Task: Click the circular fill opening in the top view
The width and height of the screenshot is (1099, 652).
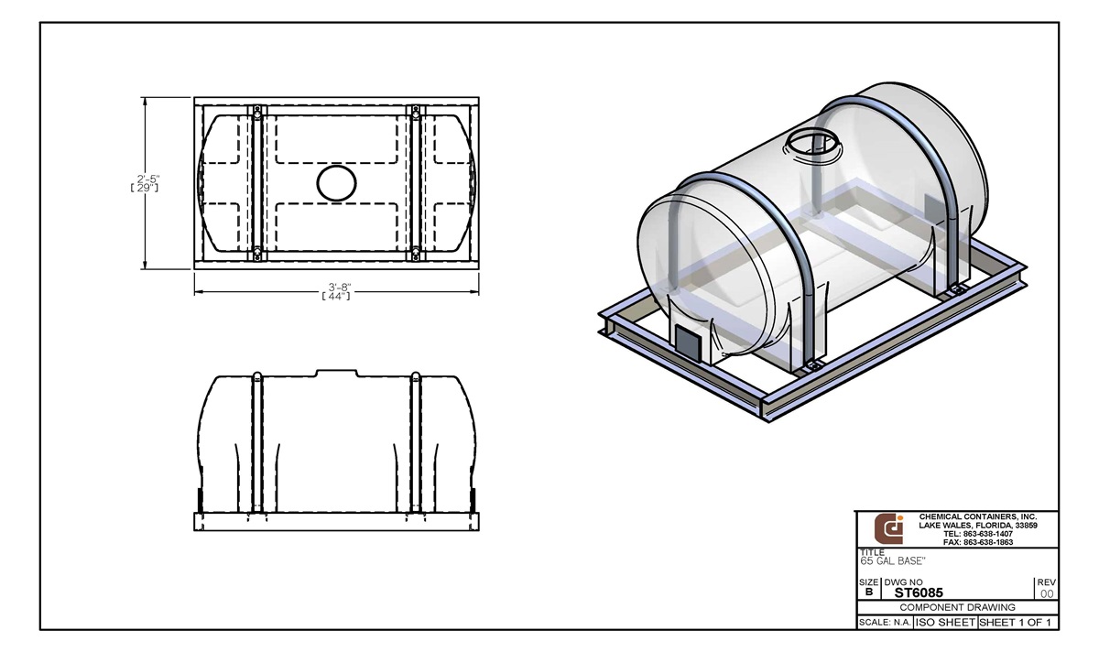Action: point(335,182)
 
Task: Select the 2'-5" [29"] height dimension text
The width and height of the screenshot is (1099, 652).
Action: point(145,182)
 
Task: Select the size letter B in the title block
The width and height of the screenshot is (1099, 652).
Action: point(868,592)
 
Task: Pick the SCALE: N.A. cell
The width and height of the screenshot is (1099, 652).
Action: point(883,623)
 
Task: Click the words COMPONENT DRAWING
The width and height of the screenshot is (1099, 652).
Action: point(956,607)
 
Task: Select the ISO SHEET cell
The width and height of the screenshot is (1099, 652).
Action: point(944,623)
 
